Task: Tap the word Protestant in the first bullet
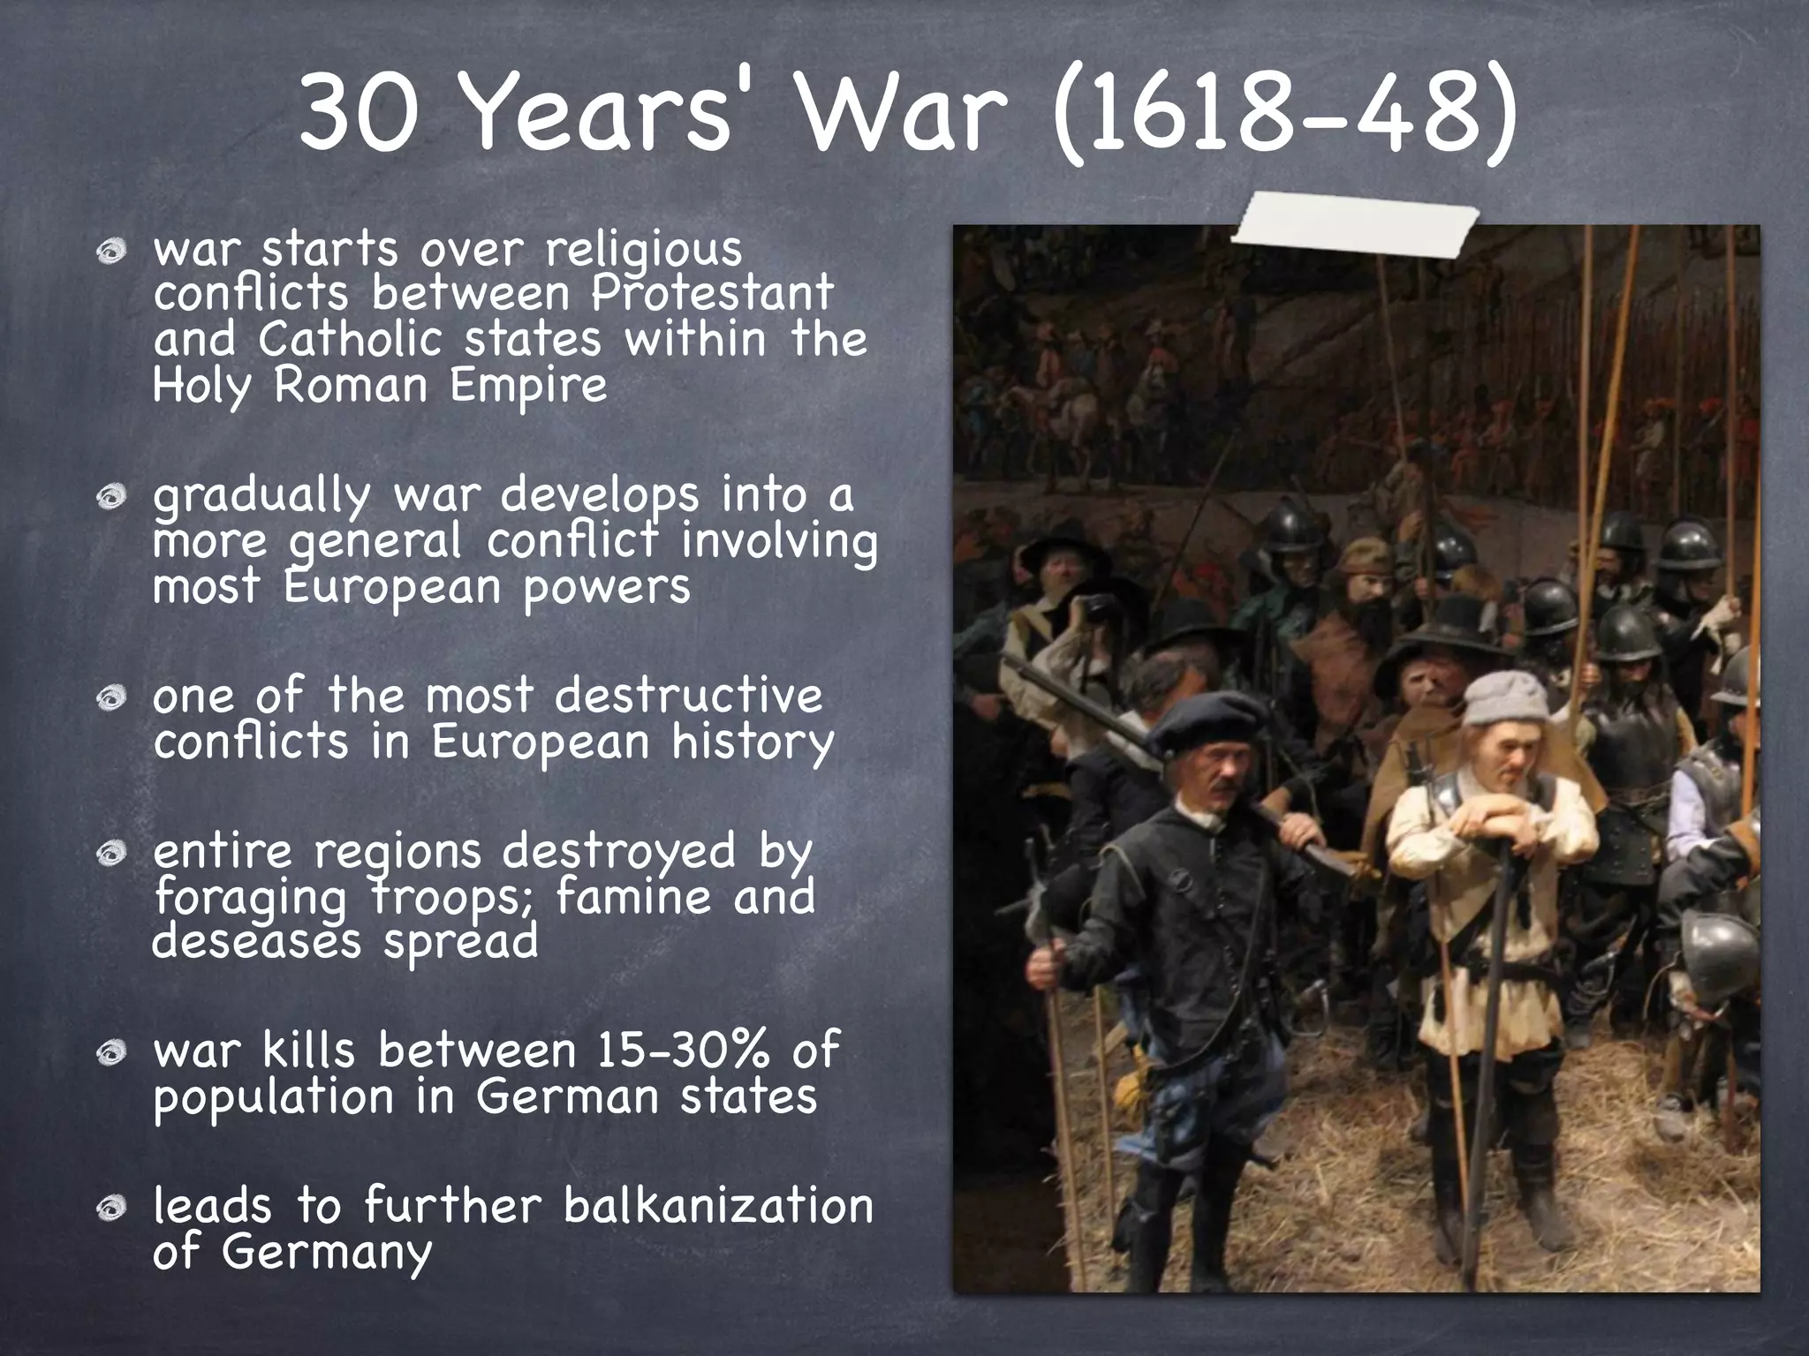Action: (x=712, y=293)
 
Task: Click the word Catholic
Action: (x=350, y=339)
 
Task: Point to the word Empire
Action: (x=528, y=385)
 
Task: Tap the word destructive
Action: (x=689, y=696)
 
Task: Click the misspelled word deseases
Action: (x=256, y=941)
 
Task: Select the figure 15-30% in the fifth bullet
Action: (x=685, y=1051)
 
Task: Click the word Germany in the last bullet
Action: (x=327, y=1252)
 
